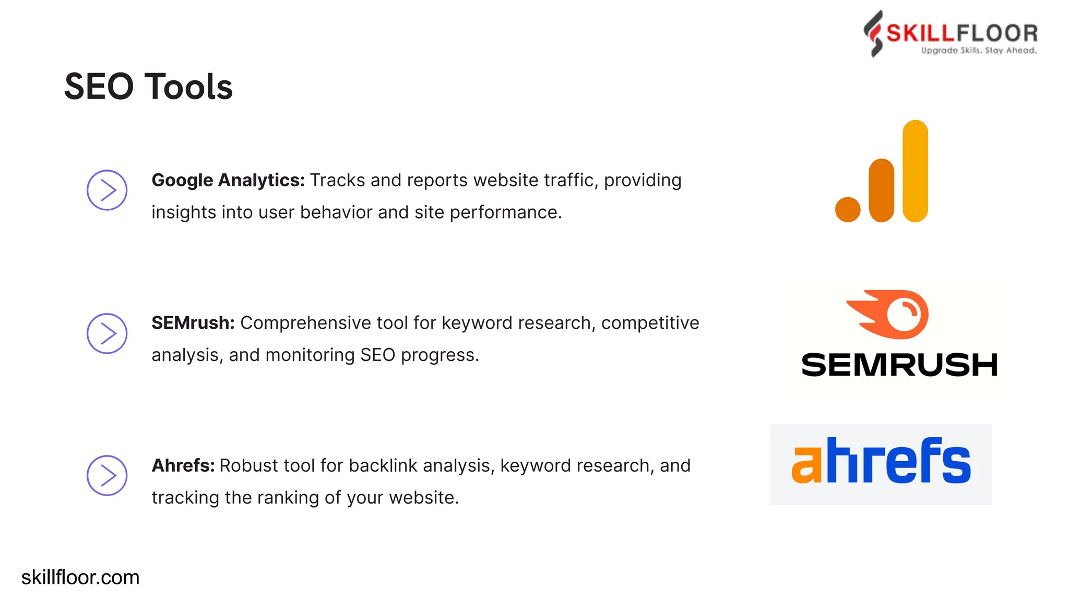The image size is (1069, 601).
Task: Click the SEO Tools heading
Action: click(148, 87)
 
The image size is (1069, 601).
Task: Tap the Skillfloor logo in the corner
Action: click(950, 34)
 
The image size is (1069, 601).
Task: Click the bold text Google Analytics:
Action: click(228, 181)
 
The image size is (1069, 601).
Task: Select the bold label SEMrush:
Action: click(193, 323)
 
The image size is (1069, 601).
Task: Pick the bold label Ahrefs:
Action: click(183, 465)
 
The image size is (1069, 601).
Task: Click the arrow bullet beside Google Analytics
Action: click(107, 190)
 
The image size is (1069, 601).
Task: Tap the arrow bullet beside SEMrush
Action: click(107, 333)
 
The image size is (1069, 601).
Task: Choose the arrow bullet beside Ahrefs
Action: click(107, 476)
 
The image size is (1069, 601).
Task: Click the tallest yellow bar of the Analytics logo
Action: click(915, 171)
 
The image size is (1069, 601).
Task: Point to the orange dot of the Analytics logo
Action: click(848, 210)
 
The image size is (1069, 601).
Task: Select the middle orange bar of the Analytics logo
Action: click(882, 190)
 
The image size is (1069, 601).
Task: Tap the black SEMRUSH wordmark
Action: click(899, 365)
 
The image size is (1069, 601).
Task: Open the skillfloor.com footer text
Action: click(80, 578)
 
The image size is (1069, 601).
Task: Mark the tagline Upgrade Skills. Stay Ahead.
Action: click(979, 51)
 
